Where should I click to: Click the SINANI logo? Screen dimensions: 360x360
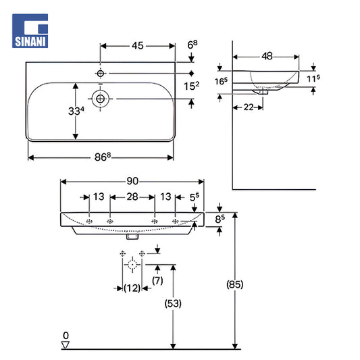(x=30, y=31)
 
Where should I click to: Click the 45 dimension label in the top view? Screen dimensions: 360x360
(x=138, y=46)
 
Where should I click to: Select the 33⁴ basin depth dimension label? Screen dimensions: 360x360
(x=76, y=111)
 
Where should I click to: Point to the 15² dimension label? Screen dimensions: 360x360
(x=191, y=86)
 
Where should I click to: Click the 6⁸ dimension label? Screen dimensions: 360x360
(x=192, y=45)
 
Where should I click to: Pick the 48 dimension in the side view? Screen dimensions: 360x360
(x=267, y=56)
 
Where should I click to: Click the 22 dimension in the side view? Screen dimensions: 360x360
(x=249, y=107)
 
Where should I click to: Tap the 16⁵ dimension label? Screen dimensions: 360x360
(x=221, y=81)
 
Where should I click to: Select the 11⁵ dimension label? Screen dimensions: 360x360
(x=313, y=78)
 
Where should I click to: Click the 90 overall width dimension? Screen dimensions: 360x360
(x=132, y=181)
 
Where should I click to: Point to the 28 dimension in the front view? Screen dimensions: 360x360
(x=132, y=197)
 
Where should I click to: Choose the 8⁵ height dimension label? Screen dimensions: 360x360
(x=220, y=219)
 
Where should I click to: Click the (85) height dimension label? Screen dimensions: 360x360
(x=234, y=284)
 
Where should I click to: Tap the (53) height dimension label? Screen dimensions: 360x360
(x=173, y=303)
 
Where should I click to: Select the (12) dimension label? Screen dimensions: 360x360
(x=132, y=288)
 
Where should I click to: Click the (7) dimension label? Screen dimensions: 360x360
(x=157, y=280)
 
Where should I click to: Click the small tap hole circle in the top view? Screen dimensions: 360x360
(x=101, y=74)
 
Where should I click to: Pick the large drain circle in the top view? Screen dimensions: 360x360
(x=101, y=99)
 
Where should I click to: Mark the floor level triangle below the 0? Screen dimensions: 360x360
(x=66, y=345)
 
